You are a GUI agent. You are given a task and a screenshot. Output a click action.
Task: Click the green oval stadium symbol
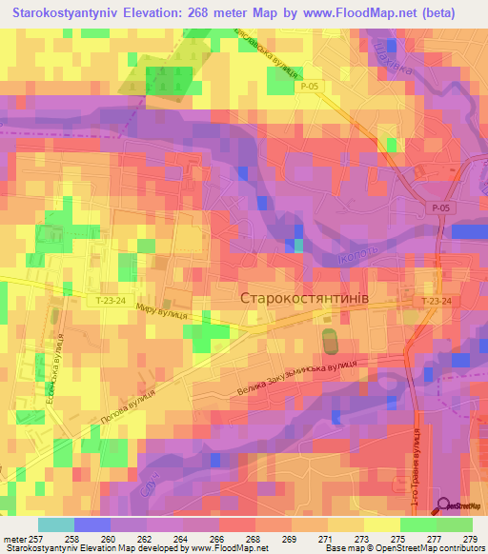pos(330,339)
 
